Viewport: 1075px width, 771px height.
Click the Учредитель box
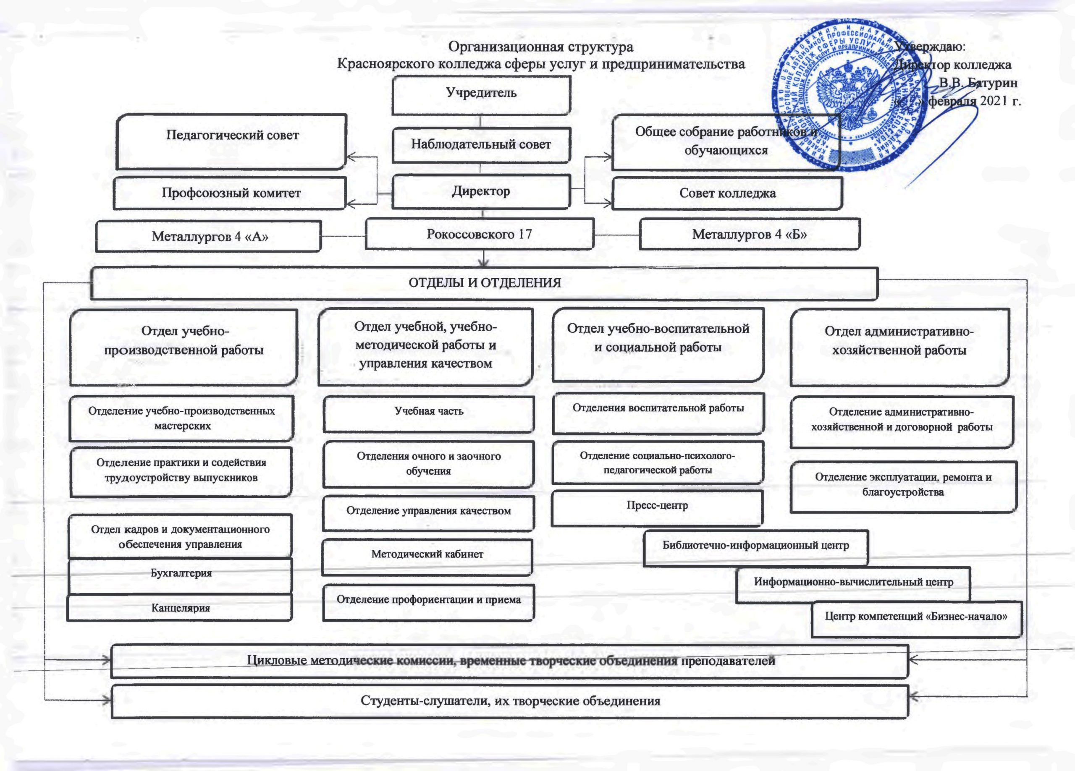point(481,95)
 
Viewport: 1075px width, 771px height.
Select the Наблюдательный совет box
point(481,144)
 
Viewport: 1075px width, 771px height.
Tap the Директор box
point(481,191)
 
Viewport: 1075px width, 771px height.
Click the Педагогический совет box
point(232,141)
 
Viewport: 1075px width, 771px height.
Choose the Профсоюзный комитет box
point(231,193)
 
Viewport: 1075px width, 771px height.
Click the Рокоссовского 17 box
point(479,234)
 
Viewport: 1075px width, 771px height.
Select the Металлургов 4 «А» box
point(209,236)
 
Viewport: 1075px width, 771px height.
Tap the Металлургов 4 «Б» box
point(750,234)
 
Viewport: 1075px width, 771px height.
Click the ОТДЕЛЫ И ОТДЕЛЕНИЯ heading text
point(485,283)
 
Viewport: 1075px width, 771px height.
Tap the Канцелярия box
point(180,608)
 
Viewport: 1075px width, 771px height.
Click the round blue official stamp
point(850,95)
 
